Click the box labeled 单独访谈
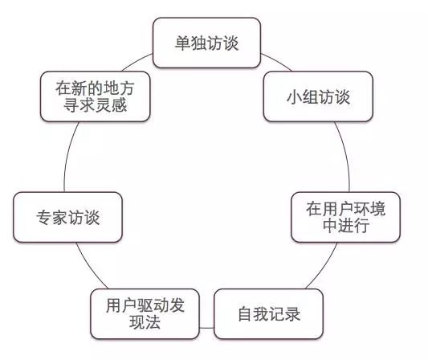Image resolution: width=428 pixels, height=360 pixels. (x=206, y=43)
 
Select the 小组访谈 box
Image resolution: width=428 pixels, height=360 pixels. (x=318, y=96)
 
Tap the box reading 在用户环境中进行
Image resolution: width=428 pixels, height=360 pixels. (x=345, y=217)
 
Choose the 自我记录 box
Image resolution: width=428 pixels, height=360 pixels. (x=269, y=314)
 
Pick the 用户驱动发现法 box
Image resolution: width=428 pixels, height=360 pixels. (x=145, y=314)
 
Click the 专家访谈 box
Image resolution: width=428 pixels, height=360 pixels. (x=67, y=217)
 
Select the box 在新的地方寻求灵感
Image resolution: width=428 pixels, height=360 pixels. (x=95, y=96)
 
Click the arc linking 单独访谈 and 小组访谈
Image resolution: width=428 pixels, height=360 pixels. (x=277, y=61)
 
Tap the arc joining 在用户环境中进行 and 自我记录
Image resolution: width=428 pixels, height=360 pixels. (x=324, y=266)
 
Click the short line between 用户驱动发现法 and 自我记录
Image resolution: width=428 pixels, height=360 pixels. (x=207, y=328)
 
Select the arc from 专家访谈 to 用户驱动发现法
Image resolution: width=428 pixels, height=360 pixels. (x=90, y=266)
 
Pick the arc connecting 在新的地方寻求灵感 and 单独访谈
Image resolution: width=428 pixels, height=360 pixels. (x=137, y=61)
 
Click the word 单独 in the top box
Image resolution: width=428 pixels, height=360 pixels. (x=190, y=43)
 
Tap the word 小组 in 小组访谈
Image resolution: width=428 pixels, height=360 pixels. (x=302, y=97)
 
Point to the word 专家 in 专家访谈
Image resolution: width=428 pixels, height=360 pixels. (x=52, y=218)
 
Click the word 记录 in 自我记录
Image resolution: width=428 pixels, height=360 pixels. (x=285, y=314)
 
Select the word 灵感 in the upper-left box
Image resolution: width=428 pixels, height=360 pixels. (x=111, y=104)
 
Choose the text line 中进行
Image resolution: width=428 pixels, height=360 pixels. (x=346, y=226)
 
